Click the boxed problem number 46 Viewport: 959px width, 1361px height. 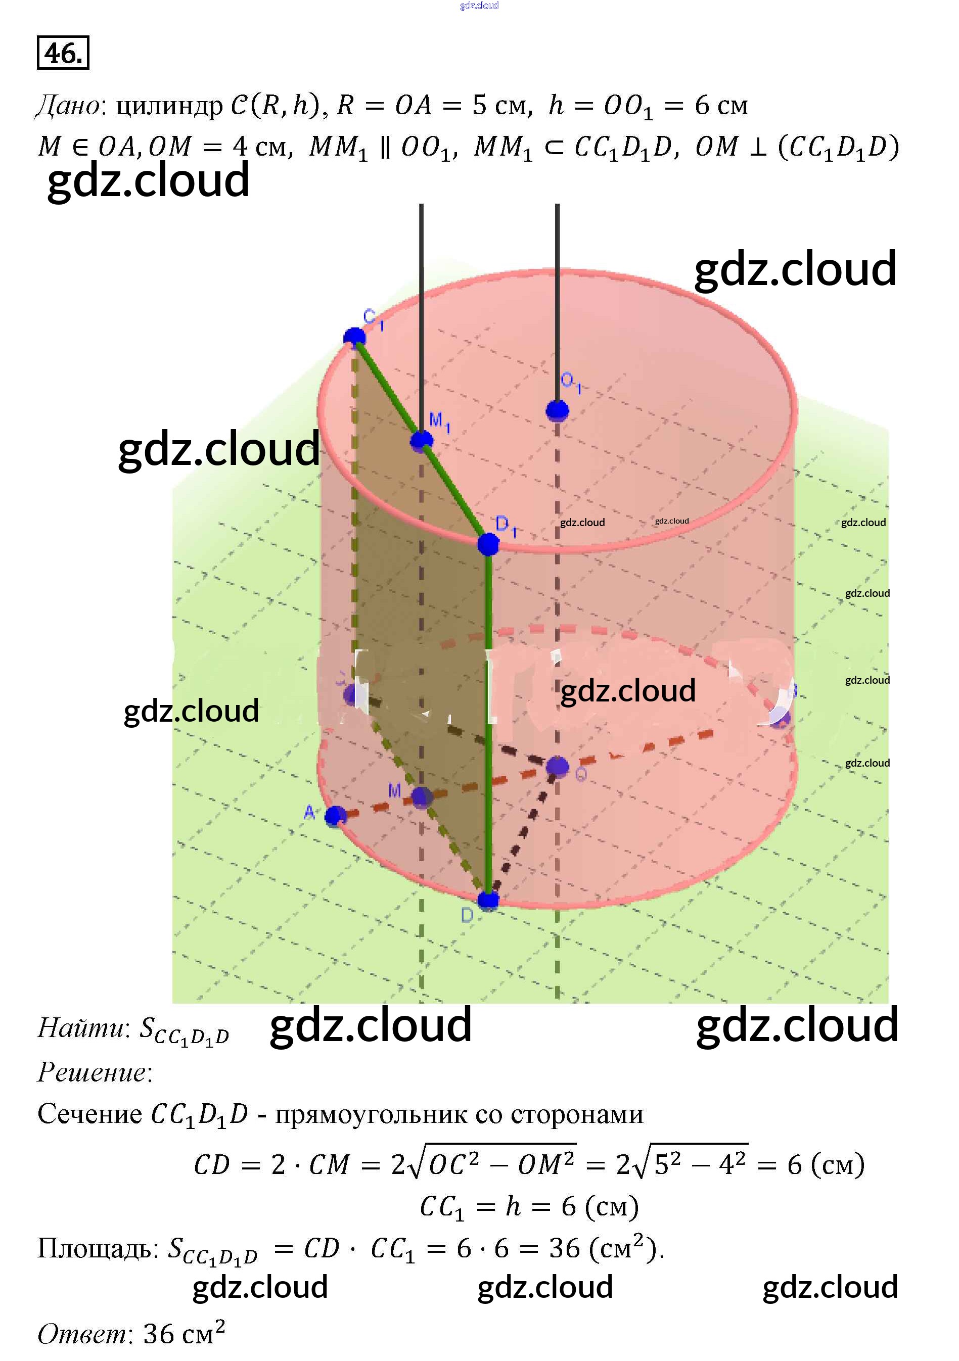[63, 54]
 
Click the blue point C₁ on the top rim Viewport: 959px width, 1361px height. [355, 337]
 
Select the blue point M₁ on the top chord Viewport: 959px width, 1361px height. [422, 440]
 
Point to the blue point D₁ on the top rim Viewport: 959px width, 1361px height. [488, 544]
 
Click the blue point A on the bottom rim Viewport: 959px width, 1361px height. [336, 816]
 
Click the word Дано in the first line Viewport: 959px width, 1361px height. [69, 106]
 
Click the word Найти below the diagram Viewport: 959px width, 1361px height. [81, 1027]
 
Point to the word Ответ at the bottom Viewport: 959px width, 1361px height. [82, 1334]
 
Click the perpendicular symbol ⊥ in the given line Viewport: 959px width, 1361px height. [757, 147]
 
